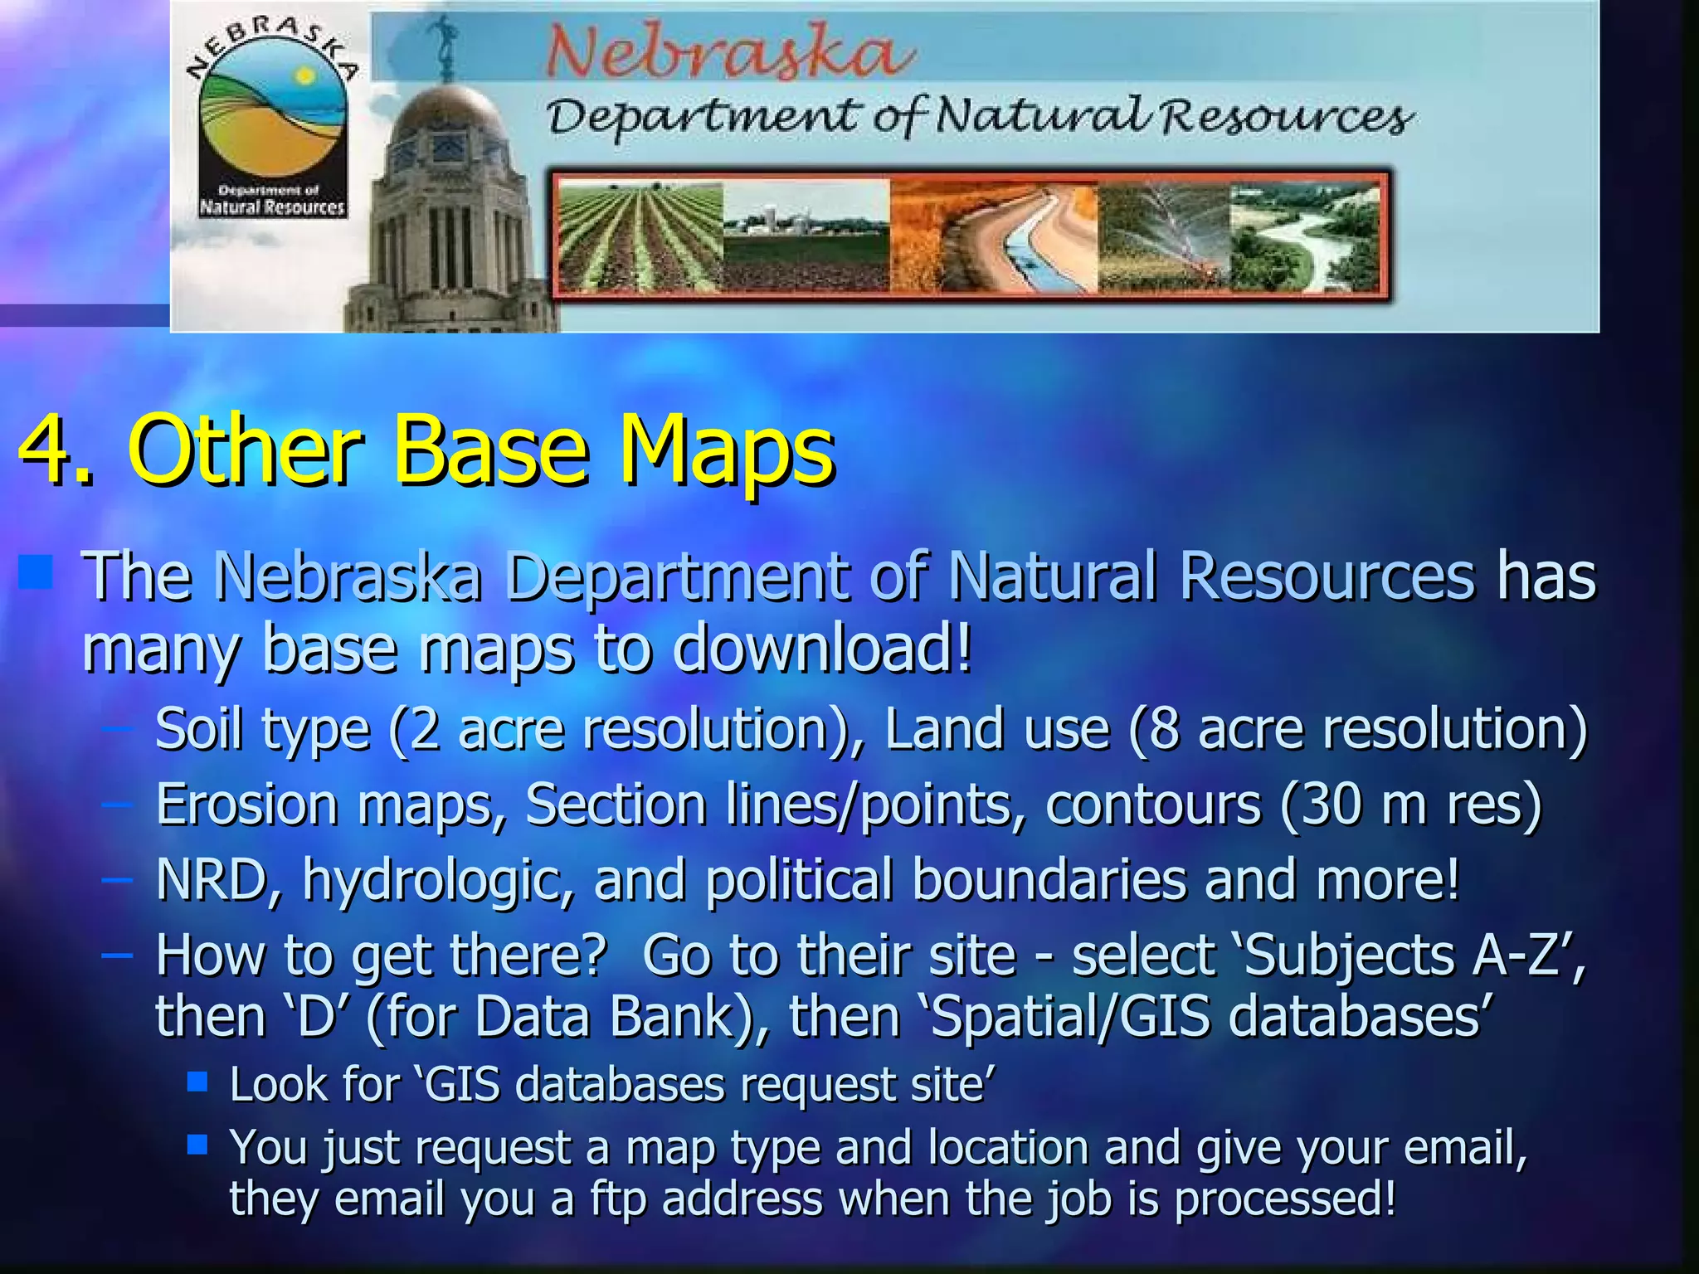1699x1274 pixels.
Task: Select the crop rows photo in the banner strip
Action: [x=640, y=237]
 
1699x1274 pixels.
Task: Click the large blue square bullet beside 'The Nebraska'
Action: [x=36, y=573]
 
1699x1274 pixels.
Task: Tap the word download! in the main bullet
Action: [x=821, y=648]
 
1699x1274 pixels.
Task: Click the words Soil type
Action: [x=262, y=729]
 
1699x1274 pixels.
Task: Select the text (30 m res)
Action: [x=1411, y=805]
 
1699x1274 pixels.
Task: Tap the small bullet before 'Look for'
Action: [x=197, y=1082]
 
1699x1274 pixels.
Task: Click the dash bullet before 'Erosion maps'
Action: [x=117, y=805]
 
